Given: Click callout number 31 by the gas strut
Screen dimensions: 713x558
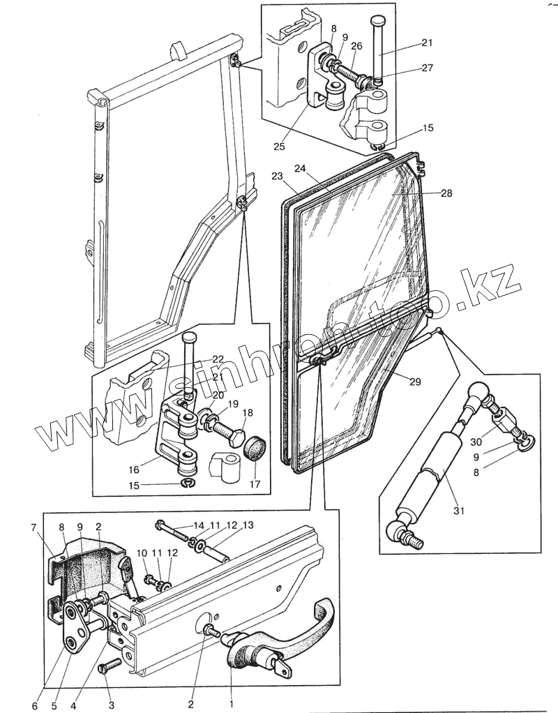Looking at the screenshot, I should [x=458, y=511].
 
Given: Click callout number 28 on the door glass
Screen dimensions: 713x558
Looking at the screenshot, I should [x=446, y=193].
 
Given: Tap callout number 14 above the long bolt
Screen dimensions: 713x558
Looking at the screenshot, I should [x=199, y=525].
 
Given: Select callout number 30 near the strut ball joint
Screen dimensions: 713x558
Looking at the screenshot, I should [x=476, y=442].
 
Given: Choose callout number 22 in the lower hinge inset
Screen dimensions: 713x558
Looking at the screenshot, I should [x=218, y=359].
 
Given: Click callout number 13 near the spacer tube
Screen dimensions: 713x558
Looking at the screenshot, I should [x=248, y=525].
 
